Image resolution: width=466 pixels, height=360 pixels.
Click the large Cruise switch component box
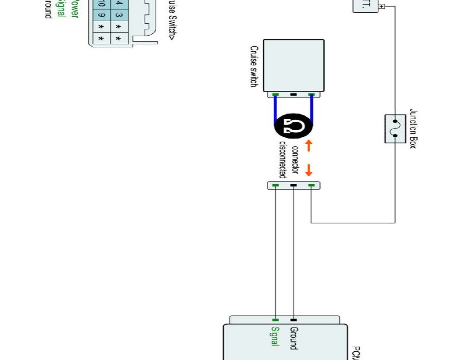pyautogui.click(x=294, y=65)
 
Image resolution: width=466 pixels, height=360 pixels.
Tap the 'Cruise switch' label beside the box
pyautogui.click(x=254, y=66)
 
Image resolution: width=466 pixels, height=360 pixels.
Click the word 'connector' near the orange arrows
pyautogui.click(x=295, y=160)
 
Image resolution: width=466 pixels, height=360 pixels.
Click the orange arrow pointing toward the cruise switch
pyautogui.click(x=308, y=146)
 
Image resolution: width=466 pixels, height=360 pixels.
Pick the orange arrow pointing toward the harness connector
pyautogui.click(x=308, y=170)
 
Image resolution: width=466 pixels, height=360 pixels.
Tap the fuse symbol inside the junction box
pyautogui.click(x=394, y=128)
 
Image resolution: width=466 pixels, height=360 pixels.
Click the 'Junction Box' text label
pyautogui.click(x=412, y=129)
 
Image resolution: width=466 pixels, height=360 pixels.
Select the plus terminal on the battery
pyautogui.click(x=381, y=6)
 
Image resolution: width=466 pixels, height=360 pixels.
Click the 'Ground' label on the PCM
pyautogui.click(x=294, y=338)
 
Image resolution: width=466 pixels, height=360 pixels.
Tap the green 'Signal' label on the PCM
pyautogui.click(x=275, y=336)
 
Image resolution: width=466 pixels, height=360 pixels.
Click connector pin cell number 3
pyautogui.click(x=118, y=17)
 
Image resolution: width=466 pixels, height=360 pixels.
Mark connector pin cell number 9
pyautogui.click(x=101, y=17)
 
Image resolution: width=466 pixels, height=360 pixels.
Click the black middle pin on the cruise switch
pyautogui.click(x=294, y=95)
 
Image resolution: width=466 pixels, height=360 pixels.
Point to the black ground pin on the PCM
pyautogui.click(x=294, y=320)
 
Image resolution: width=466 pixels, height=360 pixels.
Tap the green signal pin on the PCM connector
pyautogui.click(x=276, y=320)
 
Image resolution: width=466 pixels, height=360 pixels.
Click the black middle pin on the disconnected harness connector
pyautogui.click(x=294, y=185)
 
